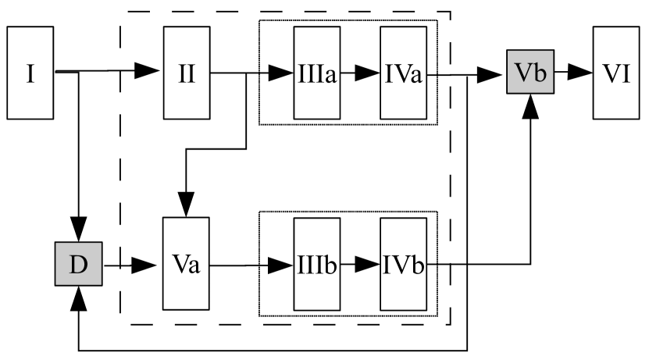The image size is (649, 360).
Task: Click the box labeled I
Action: [x=30, y=74]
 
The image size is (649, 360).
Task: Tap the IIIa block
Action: [x=316, y=74]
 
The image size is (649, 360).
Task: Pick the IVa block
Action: [x=403, y=74]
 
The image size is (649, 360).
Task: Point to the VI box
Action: [x=615, y=74]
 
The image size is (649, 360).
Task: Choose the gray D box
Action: [x=79, y=265]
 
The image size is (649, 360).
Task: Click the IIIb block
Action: [x=316, y=265]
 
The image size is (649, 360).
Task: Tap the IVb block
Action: [x=403, y=265]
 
